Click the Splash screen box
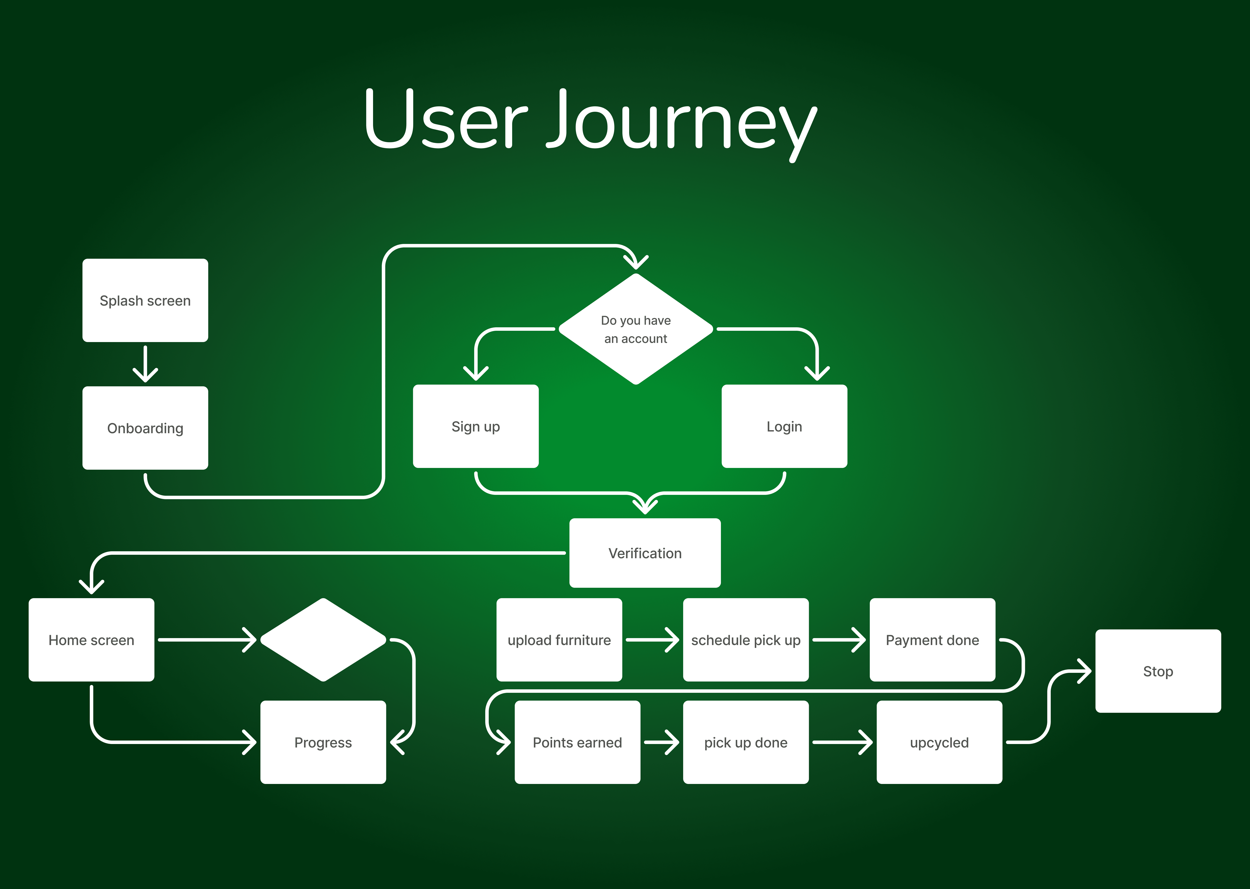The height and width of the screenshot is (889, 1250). click(x=145, y=301)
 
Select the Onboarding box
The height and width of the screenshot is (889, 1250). click(x=145, y=428)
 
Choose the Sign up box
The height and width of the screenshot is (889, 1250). click(x=476, y=426)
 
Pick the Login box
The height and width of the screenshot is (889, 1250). click(x=784, y=426)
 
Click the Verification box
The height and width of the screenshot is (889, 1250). click(x=645, y=553)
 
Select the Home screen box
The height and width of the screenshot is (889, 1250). click(x=91, y=640)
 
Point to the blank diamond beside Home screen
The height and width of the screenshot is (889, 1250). click(x=323, y=640)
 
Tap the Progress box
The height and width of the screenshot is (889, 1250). click(x=323, y=742)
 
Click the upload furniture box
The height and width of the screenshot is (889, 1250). click(x=559, y=640)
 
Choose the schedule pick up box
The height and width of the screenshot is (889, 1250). click(x=745, y=640)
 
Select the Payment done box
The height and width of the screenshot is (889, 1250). click(x=932, y=640)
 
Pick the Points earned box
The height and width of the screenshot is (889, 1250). click(x=577, y=742)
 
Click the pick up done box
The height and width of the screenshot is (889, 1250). click(x=745, y=742)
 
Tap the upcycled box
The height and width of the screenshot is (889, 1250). click(x=939, y=742)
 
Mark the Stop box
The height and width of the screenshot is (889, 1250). click(x=1158, y=671)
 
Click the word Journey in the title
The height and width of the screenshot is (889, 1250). click(x=681, y=120)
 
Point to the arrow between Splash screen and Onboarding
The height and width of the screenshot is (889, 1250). click(x=145, y=364)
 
